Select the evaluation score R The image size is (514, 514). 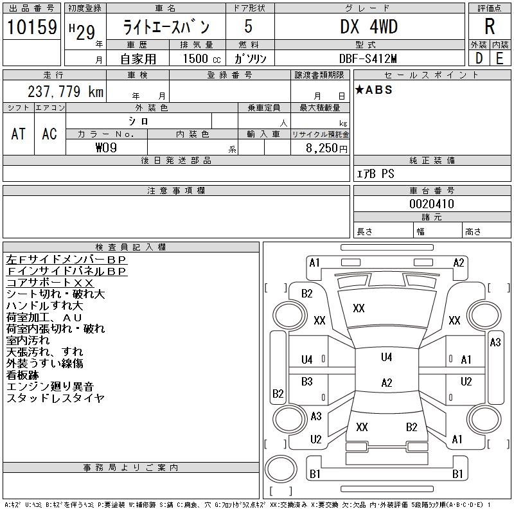[490, 27]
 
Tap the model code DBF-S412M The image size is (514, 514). [369, 58]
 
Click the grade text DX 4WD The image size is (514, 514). [369, 27]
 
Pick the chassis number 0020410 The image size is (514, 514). [432, 204]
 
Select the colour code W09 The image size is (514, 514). [106, 148]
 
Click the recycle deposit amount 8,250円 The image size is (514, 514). [327, 148]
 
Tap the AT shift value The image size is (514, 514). [19, 134]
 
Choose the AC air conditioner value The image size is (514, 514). [49, 134]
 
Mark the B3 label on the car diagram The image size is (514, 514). [307, 381]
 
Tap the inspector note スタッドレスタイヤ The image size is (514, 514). [55, 398]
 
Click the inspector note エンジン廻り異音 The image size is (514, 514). [50, 387]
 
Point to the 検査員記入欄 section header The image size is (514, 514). [131, 247]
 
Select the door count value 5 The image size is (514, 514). [248, 27]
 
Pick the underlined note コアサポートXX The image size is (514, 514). [50, 283]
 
